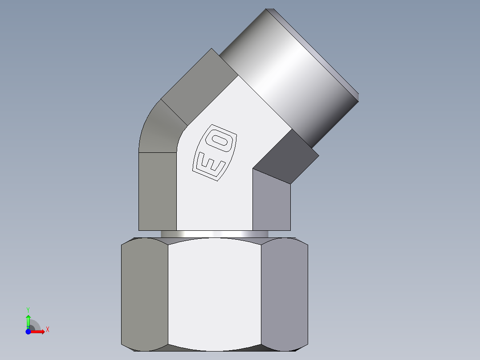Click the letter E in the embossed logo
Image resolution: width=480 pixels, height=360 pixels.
coord(208,165)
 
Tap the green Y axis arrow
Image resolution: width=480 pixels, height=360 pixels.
coord(28,320)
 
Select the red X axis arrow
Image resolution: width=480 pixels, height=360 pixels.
coord(38,332)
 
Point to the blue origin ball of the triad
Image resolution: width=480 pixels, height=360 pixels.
coord(28,332)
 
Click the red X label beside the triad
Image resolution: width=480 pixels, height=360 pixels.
coord(47,330)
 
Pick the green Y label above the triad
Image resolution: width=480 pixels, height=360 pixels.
coord(28,309)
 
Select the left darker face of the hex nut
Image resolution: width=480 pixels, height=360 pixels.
coord(145,292)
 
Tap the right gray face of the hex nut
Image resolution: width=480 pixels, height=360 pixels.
coord(284,292)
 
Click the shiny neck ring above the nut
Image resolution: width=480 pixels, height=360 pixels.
coord(214,234)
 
